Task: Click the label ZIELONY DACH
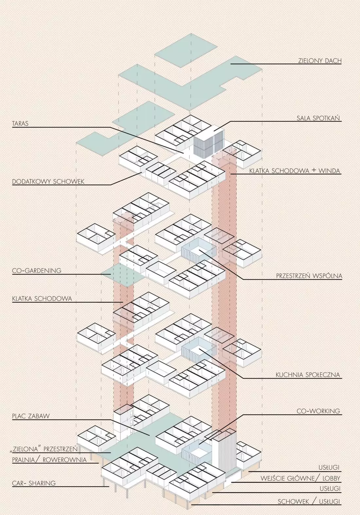(320, 61)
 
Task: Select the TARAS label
(20, 123)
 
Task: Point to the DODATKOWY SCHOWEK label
(48, 182)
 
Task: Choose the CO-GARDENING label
(37, 270)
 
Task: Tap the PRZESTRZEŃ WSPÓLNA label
(309, 276)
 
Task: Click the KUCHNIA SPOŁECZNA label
(308, 375)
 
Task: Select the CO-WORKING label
(318, 411)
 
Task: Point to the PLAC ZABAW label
(31, 416)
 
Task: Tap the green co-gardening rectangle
(123, 274)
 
